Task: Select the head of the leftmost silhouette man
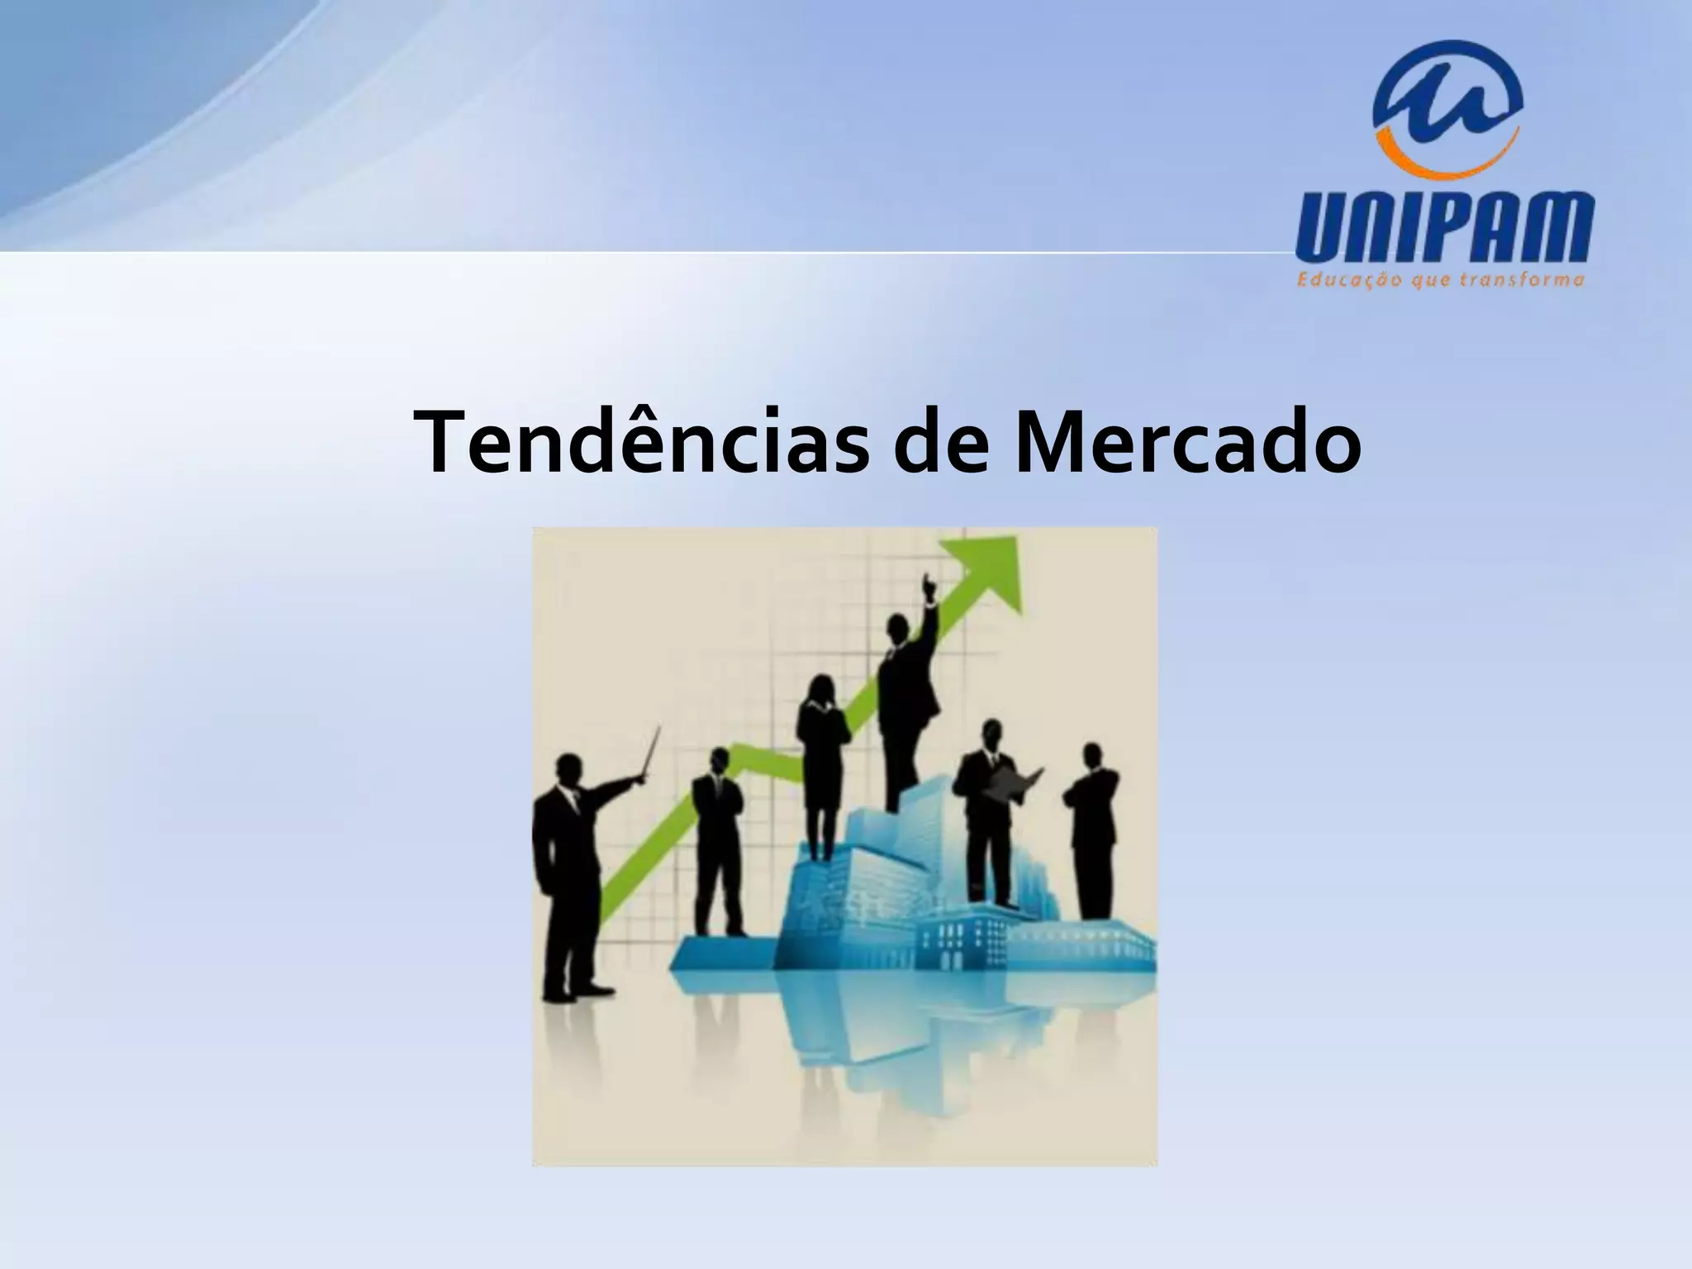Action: (568, 770)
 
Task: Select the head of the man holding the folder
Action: (991, 734)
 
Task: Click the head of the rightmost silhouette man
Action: (1092, 755)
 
